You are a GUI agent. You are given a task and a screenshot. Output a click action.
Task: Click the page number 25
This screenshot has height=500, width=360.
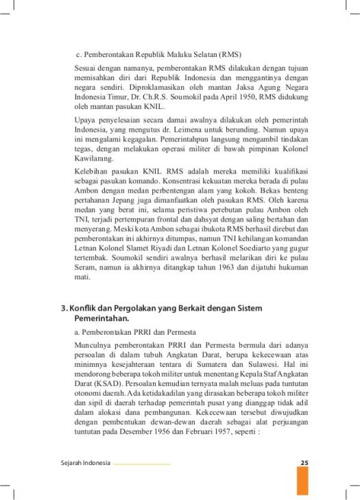pos(304,463)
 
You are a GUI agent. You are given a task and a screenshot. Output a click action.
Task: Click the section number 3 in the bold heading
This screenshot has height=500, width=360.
pos(62,309)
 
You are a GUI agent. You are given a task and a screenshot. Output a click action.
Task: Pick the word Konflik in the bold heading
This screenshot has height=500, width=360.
pos(83,309)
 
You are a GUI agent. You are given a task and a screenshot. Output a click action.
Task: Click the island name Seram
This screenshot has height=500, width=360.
pos(84,270)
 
